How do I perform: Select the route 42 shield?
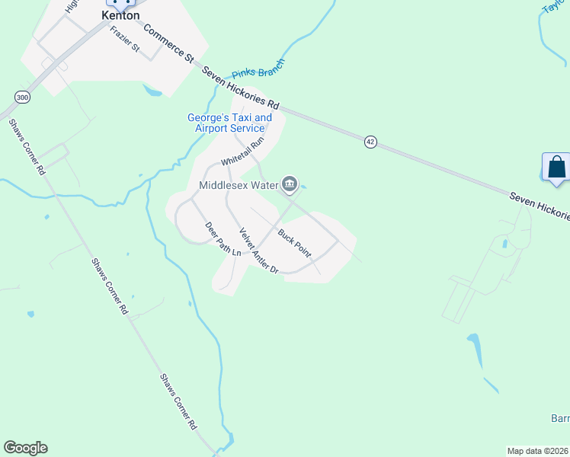click(370, 142)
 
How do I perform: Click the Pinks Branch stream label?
click(258, 70)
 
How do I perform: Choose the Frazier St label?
click(125, 39)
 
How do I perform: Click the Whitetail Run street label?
click(242, 152)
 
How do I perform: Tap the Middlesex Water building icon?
click(290, 184)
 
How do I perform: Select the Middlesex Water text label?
click(239, 184)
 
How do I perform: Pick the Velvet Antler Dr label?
click(259, 251)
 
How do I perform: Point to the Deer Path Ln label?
click(223, 238)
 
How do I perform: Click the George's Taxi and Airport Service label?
click(229, 123)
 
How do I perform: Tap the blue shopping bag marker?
click(556, 167)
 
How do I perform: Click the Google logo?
click(25, 448)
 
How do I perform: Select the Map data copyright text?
click(538, 451)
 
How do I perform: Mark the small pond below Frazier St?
click(152, 91)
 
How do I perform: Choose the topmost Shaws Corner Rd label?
click(26, 147)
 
